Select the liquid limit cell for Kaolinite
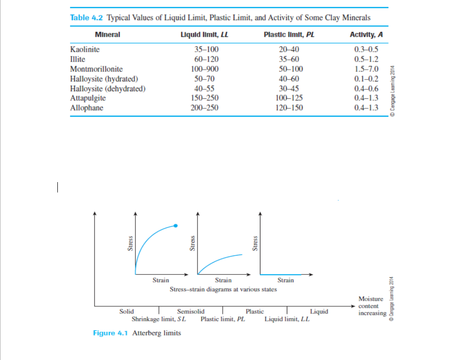206,49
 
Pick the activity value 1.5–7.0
367,69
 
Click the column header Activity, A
366,34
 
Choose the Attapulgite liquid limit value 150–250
206,98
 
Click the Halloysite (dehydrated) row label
107,88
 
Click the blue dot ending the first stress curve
175,226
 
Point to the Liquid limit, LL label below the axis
287,319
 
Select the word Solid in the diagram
126,312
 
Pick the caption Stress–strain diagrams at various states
223,289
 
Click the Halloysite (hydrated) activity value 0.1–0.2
367,79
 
